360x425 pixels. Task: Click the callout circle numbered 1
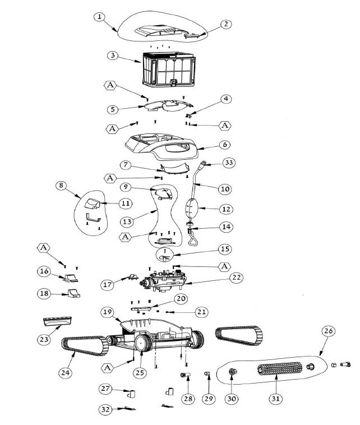(x=99, y=17)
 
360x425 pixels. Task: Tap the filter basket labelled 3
(x=169, y=69)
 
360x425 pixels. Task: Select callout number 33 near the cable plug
(x=229, y=163)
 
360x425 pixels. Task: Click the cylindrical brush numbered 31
(x=279, y=369)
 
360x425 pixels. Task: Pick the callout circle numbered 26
(x=328, y=331)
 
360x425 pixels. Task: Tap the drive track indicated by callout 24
(x=85, y=345)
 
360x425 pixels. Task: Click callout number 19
(x=107, y=312)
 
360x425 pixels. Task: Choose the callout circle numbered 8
(x=61, y=186)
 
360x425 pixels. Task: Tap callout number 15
(x=225, y=249)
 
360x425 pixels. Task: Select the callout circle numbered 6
(x=225, y=145)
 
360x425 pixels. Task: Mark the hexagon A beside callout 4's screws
(x=225, y=126)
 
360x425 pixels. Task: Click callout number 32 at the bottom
(x=105, y=409)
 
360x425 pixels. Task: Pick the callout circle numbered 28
(x=188, y=399)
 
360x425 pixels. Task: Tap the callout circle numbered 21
(x=201, y=312)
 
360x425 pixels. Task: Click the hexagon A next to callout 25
(x=108, y=368)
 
